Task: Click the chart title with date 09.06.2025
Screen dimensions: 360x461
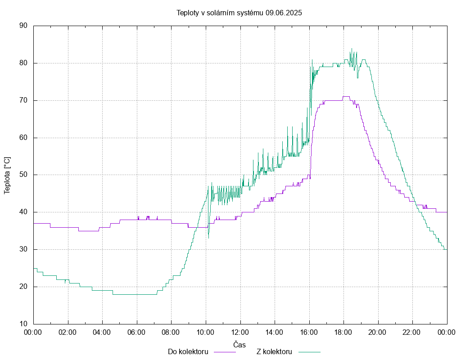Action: pos(239,13)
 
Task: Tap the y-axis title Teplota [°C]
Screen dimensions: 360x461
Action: pos(7,175)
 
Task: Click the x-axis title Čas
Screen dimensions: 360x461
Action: pos(240,345)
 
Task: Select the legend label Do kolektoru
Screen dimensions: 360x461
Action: pos(188,351)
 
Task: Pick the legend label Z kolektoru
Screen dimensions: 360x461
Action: pos(274,351)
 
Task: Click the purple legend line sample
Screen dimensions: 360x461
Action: pos(225,352)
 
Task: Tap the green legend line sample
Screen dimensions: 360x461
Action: pos(309,352)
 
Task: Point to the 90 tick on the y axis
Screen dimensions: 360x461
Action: pos(23,26)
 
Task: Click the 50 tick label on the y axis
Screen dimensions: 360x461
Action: pos(23,175)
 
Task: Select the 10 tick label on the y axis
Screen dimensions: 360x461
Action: pos(23,324)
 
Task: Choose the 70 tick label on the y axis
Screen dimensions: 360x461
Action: pos(23,100)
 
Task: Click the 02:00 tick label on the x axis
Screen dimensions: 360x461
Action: pos(68,332)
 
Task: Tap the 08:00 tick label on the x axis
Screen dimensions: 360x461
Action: pos(171,332)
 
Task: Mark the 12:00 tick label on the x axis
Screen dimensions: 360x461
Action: pos(240,332)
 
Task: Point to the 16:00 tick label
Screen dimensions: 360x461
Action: pos(309,332)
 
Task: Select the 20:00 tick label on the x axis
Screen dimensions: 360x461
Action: pos(378,332)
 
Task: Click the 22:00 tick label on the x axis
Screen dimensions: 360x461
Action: pos(412,332)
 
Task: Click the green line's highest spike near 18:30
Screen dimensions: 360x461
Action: pos(352,49)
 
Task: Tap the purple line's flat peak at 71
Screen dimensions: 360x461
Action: pos(346,96)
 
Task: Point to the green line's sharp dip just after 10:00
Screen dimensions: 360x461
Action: pos(208,238)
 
